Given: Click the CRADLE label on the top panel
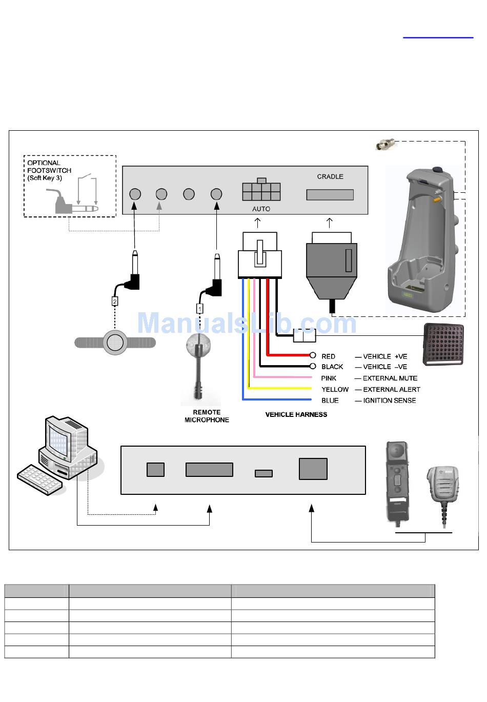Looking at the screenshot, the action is [x=330, y=176].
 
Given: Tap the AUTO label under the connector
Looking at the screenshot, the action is [x=261, y=209].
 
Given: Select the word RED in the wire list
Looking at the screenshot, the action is [x=328, y=356].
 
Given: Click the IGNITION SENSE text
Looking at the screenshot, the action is [x=390, y=400].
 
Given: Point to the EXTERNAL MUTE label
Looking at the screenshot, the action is [x=390, y=378].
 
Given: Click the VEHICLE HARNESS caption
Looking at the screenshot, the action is [x=296, y=414].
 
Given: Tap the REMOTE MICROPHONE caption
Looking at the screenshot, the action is [x=207, y=416].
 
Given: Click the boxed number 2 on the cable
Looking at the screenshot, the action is [x=115, y=301].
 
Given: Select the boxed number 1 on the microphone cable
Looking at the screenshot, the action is [x=199, y=309].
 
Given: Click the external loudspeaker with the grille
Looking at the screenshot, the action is [x=443, y=345].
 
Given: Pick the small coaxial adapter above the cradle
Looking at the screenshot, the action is [x=384, y=144].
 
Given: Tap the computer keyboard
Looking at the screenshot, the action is [x=40, y=480].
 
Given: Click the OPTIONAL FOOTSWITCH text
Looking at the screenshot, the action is [x=49, y=167].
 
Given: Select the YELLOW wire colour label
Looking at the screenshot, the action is [x=335, y=389].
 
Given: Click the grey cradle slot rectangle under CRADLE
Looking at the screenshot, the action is [x=330, y=195].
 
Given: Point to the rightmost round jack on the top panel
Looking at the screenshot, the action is [x=216, y=194].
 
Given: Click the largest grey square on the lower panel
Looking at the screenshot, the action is [x=313, y=469].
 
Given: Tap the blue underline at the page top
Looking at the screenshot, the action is [x=438, y=37].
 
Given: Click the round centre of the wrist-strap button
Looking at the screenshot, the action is [x=115, y=342].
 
